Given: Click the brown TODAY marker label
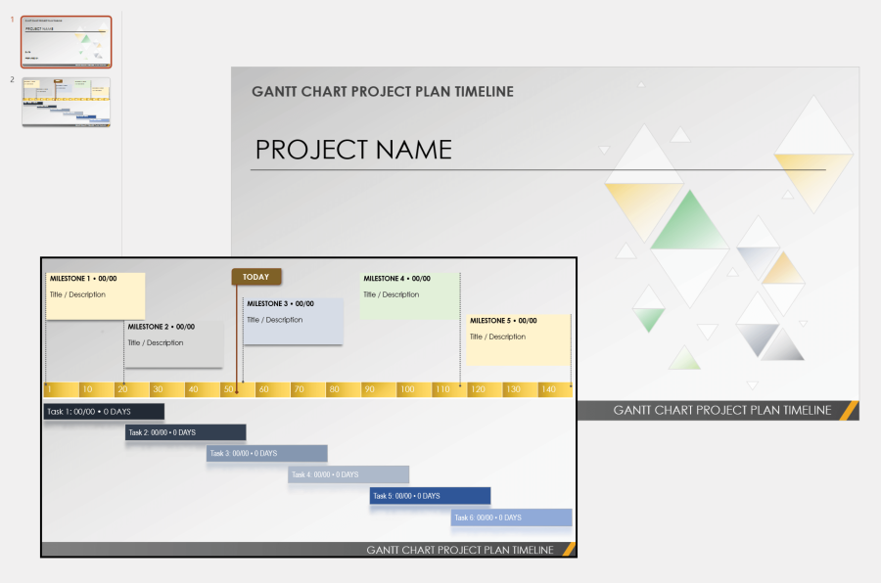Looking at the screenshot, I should click(256, 277).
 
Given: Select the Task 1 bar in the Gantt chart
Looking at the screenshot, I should click(104, 412).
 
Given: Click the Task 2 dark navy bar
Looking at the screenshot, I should click(185, 432).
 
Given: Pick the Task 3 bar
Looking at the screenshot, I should click(266, 453).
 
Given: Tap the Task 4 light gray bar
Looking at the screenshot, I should click(348, 474).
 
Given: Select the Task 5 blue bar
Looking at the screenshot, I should click(430, 496).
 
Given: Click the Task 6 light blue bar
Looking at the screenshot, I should click(511, 516).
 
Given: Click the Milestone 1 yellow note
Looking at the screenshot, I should click(96, 295).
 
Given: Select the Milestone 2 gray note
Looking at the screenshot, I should click(174, 343).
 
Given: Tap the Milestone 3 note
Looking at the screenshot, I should click(294, 321).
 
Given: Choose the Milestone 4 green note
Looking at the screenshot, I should click(409, 295).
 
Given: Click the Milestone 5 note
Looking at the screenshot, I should click(518, 338).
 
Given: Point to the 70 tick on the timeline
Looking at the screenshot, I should click(299, 389).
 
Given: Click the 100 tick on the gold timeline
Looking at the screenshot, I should click(406, 389).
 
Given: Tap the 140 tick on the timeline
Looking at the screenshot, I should click(547, 389).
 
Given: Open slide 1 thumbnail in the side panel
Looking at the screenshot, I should click(67, 41).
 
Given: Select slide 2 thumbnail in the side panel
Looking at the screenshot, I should click(67, 102).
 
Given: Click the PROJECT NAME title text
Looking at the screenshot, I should click(353, 150).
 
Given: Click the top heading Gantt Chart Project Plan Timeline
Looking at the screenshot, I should click(382, 92).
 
